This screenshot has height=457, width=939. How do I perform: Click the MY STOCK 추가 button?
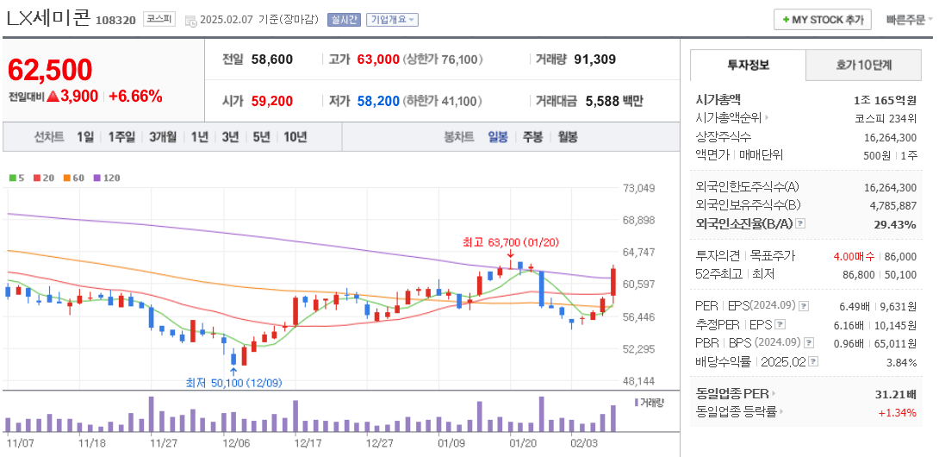pyautogui.click(x=823, y=20)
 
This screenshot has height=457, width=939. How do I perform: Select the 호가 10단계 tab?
pyautogui.click(x=864, y=65)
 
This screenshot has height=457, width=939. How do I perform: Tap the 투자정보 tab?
pyautogui.click(x=749, y=65)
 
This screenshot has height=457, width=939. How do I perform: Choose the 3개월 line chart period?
pyautogui.click(x=163, y=136)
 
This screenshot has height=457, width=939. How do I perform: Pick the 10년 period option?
pyautogui.click(x=295, y=136)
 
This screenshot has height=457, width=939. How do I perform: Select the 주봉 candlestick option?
pyautogui.click(x=532, y=136)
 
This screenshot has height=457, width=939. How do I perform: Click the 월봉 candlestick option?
pyautogui.click(x=567, y=136)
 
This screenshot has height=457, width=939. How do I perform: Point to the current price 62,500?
pyautogui.click(x=50, y=70)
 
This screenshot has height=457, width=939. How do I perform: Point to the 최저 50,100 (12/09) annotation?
pyautogui.click(x=233, y=382)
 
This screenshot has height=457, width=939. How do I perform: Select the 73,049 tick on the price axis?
pyautogui.click(x=638, y=188)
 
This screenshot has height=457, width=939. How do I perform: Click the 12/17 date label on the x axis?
pyautogui.click(x=308, y=442)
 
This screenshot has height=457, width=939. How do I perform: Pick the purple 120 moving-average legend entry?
pyautogui.click(x=107, y=178)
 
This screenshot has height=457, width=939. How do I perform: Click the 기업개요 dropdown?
pyautogui.click(x=392, y=20)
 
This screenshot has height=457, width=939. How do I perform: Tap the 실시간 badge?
pyautogui.click(x=344, y=20)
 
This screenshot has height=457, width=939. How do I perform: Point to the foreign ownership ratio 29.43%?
pyautogui.click(x=897, y=224)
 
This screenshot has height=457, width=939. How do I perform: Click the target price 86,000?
pyautogui.click(x=900, y=256)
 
